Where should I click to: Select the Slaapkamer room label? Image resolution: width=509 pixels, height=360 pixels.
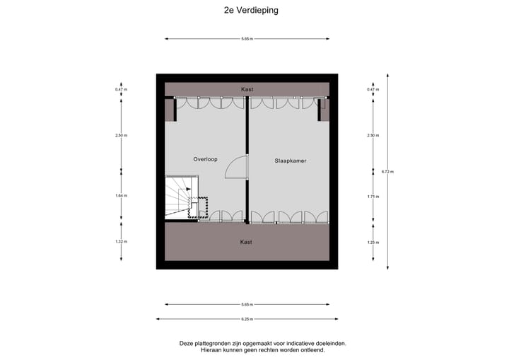[x=290, y=161]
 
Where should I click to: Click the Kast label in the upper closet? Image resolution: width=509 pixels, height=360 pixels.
[x=246, y=90]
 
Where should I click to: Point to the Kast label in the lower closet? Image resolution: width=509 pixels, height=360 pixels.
[x=246, y=242]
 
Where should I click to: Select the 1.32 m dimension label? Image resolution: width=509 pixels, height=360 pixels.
[x=122, y=242]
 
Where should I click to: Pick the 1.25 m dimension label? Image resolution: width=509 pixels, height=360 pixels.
[x=373, y=242]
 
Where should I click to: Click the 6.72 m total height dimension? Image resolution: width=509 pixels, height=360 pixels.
[x=387, y=171]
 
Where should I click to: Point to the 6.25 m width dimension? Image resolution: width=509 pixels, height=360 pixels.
[x=246, y=319]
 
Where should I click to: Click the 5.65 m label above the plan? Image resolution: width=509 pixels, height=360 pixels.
[x=246, y=38]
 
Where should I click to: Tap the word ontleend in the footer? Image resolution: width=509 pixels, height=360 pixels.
[x=312, y=350]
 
